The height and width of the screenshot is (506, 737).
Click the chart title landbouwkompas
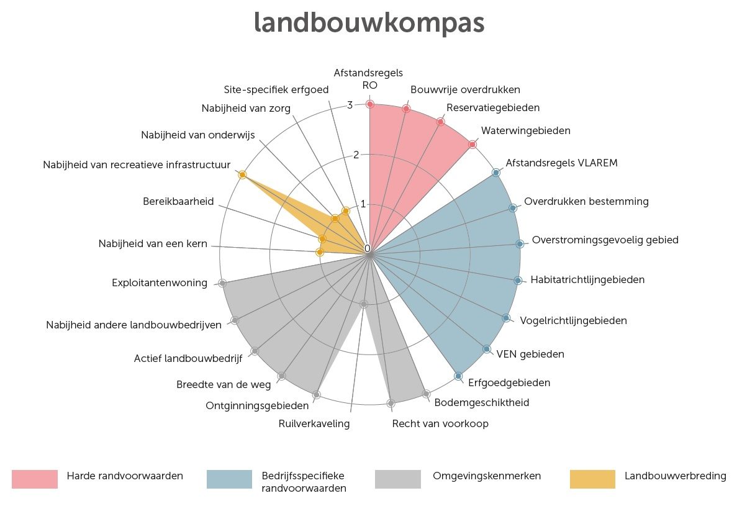click(369, 24)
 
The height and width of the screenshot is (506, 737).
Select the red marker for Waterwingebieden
click(472, 145)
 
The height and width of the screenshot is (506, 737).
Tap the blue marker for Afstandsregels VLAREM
click(495, 173)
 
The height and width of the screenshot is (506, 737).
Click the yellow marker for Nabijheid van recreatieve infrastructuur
click(242, 175)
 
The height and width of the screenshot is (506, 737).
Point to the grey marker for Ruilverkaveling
click(364, 304)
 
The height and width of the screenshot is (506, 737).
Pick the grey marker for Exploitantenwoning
click(222, 283)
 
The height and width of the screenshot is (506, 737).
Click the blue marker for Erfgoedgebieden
click(458, 376)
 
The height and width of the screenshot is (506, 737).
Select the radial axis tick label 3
click(350, 106)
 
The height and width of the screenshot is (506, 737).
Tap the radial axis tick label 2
click(356, 155)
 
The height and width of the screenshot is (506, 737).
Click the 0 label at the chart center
click(367, 249)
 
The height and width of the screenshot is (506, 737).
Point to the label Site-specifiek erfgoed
click(276, 89)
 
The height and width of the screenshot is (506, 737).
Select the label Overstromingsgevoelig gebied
click(605, 240)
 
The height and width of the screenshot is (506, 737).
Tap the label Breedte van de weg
click(224, 385)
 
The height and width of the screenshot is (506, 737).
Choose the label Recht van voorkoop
click(440, 424)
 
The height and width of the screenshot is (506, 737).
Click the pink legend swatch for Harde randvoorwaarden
click(35, 479)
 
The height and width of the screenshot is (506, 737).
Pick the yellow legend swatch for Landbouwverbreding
click(592, 479)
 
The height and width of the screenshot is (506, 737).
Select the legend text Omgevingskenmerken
click(487, 476)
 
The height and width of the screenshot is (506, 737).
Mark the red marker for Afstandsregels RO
click(369, 104)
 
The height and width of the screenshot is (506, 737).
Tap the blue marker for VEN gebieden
click(486, 349)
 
